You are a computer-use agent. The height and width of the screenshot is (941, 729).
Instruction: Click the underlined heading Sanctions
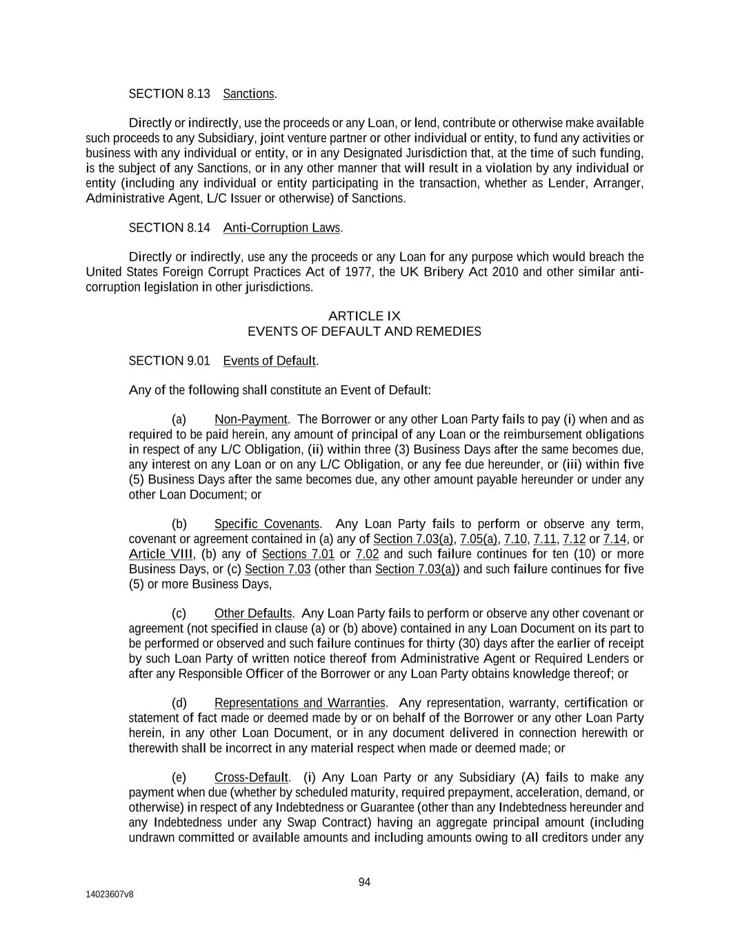point(249,94)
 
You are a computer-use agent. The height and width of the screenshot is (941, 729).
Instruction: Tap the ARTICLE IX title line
point(364,316)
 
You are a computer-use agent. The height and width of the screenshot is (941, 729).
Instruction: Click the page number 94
point(364,882)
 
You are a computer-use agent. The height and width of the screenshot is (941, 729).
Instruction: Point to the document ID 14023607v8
point(110,894)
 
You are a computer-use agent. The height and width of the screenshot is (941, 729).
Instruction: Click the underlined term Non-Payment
point(250,420)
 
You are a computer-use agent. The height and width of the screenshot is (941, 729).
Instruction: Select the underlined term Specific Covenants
point(267,524)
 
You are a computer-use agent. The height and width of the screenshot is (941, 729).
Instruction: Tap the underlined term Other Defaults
point(253,614)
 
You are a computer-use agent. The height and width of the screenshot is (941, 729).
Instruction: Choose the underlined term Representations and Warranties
point(299,703)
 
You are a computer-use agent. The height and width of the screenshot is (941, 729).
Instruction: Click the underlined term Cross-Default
point(250,778)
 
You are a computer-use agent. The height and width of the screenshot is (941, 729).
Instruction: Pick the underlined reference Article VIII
point(161,554)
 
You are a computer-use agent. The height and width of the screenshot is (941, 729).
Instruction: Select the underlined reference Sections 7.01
point(298,554)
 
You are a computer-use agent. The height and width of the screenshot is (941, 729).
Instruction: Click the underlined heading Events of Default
point(270,361)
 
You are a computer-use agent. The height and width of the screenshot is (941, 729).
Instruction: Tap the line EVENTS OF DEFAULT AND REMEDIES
point(364,332)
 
